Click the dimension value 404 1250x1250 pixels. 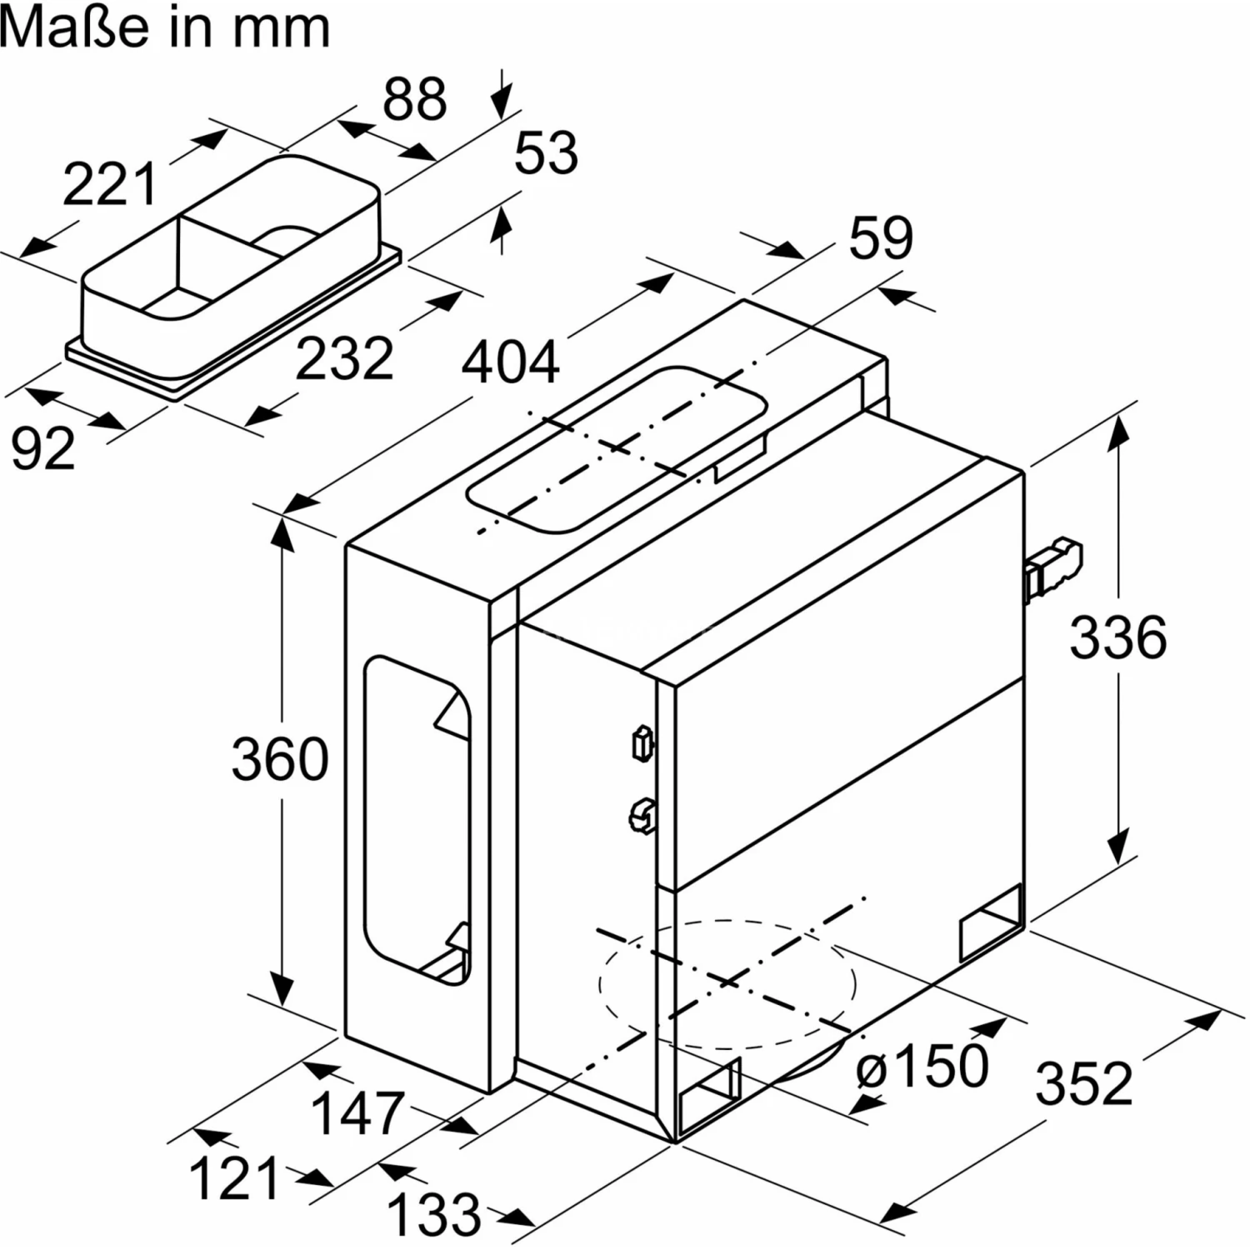pos(510,362)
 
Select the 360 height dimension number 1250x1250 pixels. pos(280,759)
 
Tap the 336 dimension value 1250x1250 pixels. pos(1117,637)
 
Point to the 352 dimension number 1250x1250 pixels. pos(1084,1082)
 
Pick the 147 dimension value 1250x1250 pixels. pos(357,1112)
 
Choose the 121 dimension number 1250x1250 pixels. pos(234,1178)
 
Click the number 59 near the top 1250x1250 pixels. pos(881,237)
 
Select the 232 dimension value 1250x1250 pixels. pos(344,358)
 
